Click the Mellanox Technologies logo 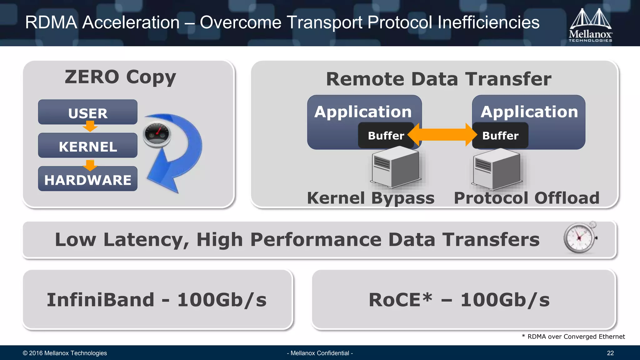click(590, 25)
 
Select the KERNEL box click(87, 146)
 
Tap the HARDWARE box click(87, 179)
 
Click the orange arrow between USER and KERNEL click(90, 127)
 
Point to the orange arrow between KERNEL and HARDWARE click(90, 165)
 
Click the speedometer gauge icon click(157, 134)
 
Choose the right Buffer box click(500, 136)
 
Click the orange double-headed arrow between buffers click(442, 135)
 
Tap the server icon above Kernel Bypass click(396, 167)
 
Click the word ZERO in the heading click(92, 77)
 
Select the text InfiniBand click(101, 300)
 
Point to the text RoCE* click(401, 300)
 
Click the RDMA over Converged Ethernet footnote click(573, 337)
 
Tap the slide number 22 click(610, 353)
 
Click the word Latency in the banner click(146, 240)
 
